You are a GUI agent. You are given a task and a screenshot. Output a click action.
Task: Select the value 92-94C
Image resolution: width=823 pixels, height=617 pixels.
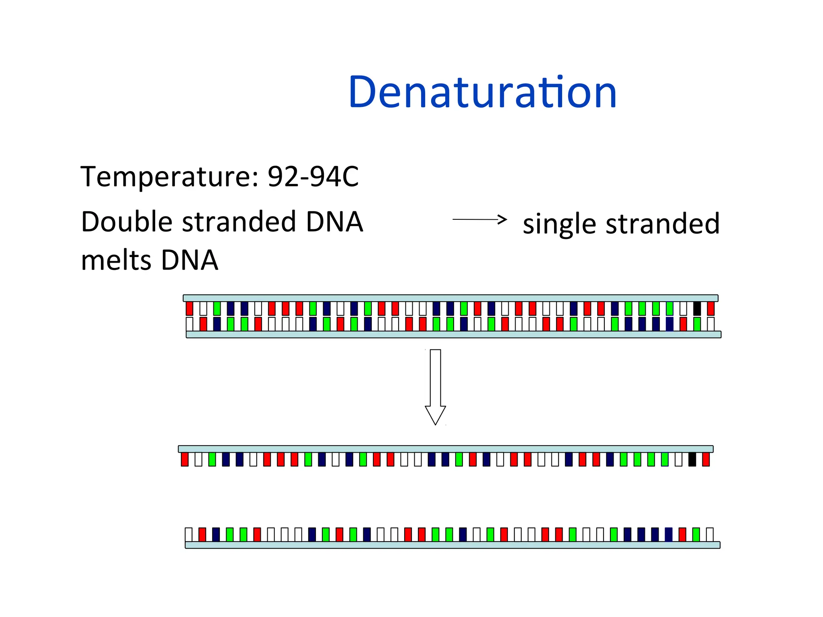click(313, 177)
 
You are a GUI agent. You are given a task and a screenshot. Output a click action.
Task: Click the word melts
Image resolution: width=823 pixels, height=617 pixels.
click(116, 260)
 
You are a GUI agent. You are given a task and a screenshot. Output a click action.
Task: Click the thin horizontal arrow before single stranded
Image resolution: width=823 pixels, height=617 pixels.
click(479, 219)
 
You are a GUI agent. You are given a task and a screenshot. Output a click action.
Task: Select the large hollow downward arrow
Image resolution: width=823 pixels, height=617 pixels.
click(435, 386)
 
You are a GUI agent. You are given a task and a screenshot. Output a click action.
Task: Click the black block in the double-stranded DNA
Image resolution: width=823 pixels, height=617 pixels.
click(697, 308)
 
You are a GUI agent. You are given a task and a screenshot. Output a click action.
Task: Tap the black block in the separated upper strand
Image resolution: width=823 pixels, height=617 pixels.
click(692, 459)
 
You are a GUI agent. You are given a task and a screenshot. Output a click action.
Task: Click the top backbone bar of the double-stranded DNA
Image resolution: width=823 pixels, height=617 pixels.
click(450, 298)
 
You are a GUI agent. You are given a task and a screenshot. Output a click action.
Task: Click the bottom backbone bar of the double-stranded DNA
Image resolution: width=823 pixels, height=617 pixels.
click(453, 335)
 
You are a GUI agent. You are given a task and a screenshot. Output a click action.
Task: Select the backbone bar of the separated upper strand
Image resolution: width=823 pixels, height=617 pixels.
click(445, 449)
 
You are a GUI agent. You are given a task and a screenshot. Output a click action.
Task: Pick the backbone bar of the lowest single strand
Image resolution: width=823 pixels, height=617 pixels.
click(452, 545)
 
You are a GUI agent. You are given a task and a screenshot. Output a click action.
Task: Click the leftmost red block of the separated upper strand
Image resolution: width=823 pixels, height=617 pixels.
click(185, 459)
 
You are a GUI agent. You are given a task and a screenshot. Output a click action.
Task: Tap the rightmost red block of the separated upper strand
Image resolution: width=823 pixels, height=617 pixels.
click(706, 459)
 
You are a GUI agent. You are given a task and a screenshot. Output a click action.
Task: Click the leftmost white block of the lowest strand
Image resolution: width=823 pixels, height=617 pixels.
click(189, 535)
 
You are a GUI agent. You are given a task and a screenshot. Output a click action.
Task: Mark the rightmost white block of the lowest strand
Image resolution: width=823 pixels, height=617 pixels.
click(710, 535)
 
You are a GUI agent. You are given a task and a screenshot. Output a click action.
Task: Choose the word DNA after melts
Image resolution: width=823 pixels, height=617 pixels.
click(189, 260)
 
